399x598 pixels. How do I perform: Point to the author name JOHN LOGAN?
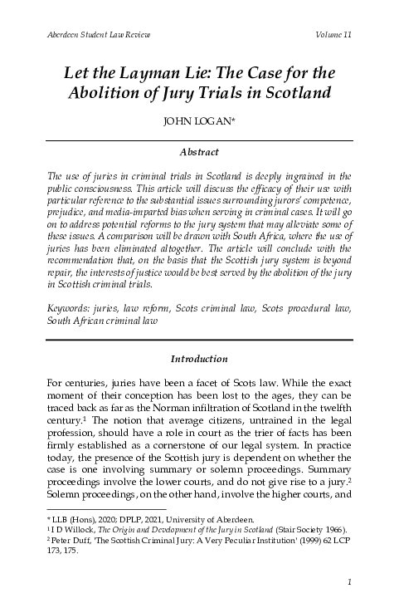tap(198, 126)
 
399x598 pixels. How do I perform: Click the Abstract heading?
tap(199, 153)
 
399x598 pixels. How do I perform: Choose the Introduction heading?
tap(199, 359)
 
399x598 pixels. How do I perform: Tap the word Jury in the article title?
tap(197, 93)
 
